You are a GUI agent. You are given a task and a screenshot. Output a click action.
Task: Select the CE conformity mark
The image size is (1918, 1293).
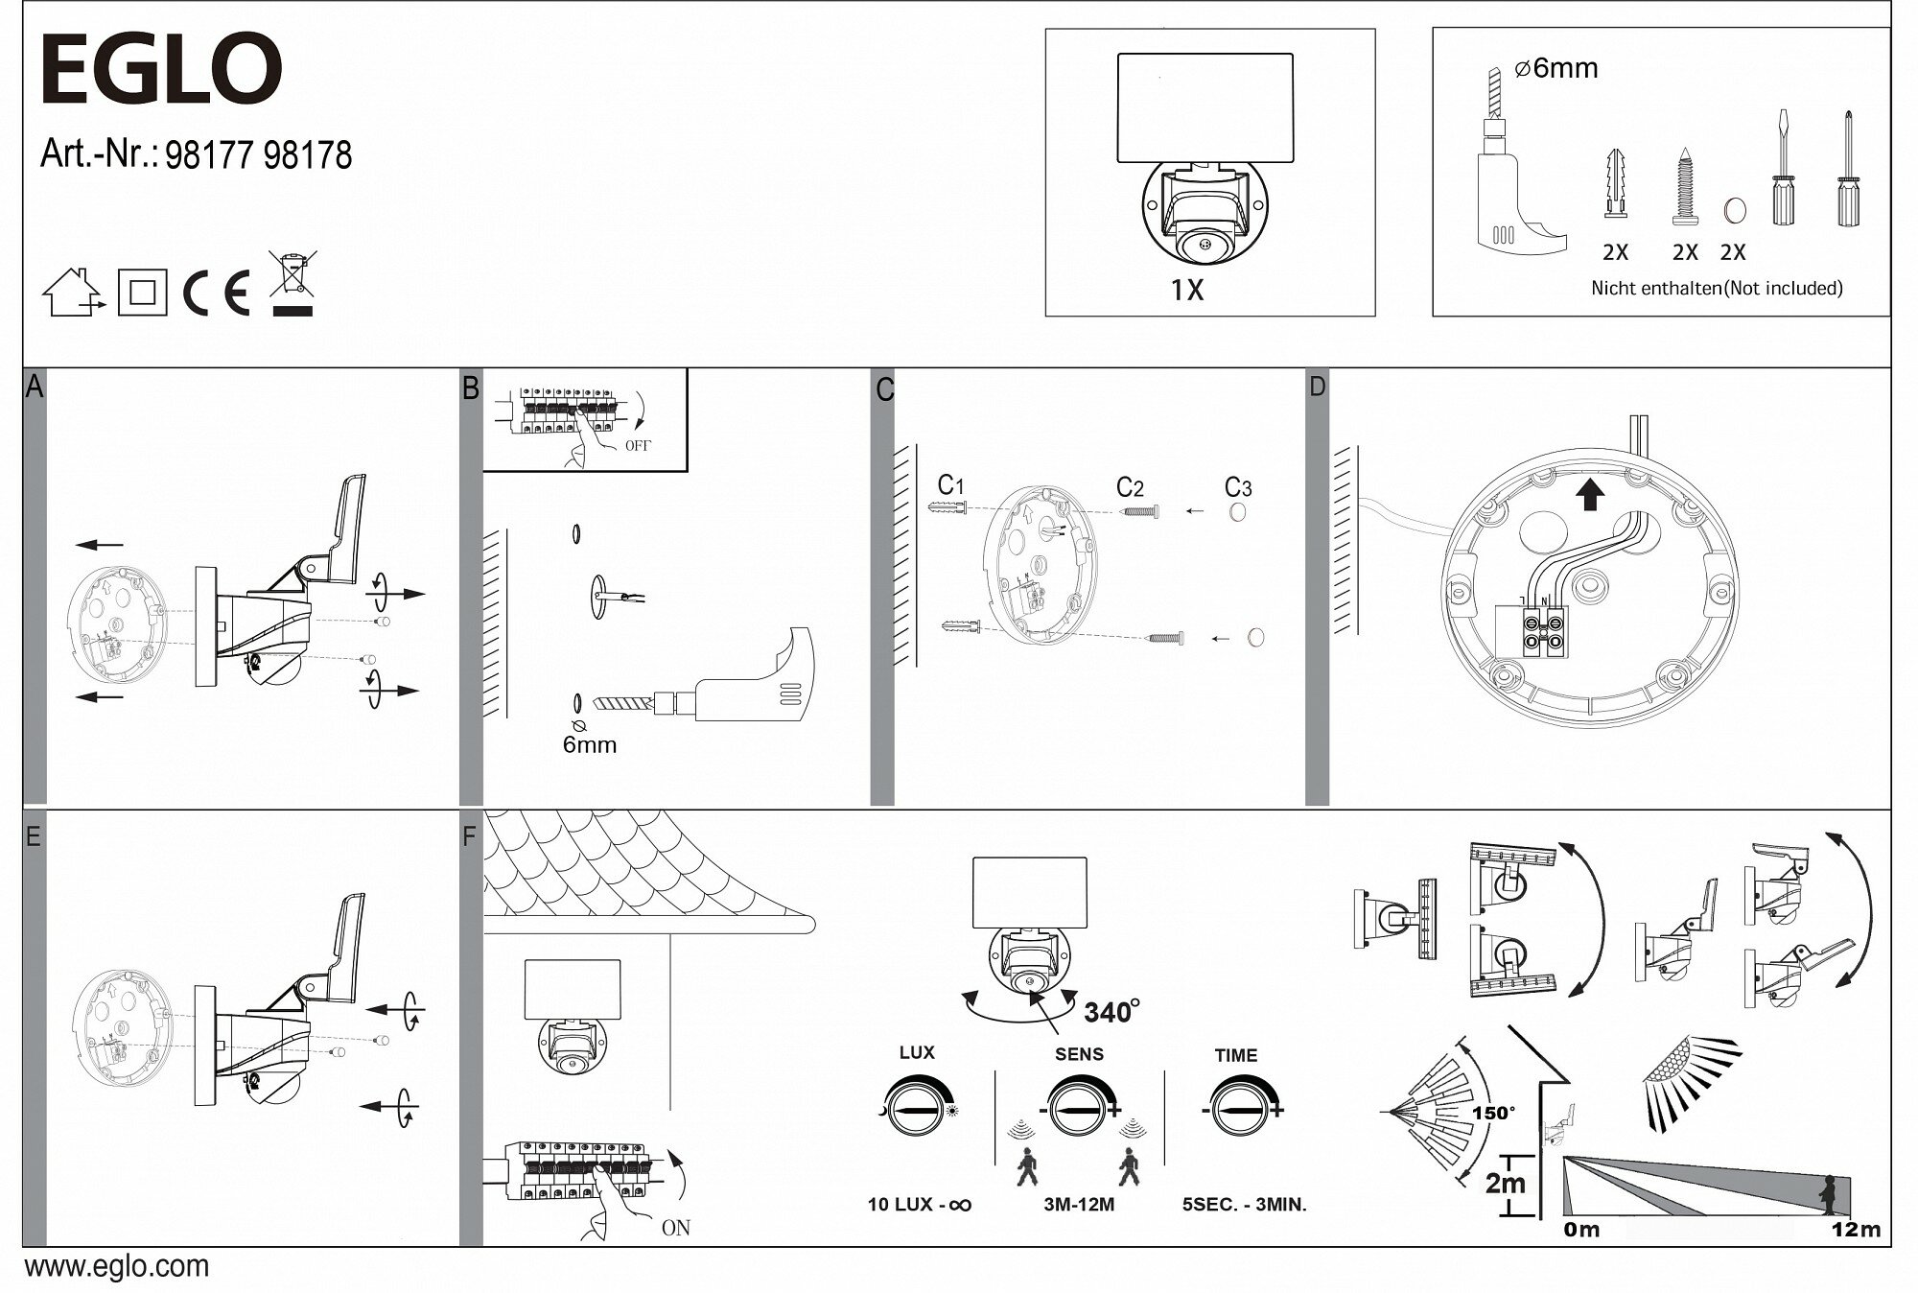(x=217, y=294)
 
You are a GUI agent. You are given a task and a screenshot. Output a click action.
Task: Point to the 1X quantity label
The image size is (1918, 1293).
(x=1186, y=290)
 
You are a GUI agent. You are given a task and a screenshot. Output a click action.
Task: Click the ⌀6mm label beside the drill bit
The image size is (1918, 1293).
(x=1555, y=69)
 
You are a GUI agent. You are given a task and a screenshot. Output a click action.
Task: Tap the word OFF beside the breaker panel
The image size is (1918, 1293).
(x=638, y=446)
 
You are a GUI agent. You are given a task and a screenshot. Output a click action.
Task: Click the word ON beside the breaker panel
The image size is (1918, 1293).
(x=675, y=1228)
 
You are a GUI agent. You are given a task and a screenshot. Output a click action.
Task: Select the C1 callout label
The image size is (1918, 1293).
(x=950, y=485)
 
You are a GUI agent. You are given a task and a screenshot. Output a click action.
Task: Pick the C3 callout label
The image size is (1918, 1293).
(x=1238, y=487)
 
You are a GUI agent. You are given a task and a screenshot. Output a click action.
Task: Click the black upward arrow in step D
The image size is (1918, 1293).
(x=1590, y=494)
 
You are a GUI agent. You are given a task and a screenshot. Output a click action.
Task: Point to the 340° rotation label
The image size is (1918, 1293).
(x=1111, y=1012)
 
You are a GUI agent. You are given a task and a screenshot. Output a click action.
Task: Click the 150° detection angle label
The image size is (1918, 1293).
(x=1493, y=1114)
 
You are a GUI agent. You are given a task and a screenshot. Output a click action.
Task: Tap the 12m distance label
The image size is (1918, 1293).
(x=1856, y=1230)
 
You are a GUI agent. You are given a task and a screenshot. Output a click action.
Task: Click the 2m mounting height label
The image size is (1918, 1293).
(x=1505, y=1183)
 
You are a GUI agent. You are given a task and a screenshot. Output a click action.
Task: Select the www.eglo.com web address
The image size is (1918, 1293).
(x=116, y=1266)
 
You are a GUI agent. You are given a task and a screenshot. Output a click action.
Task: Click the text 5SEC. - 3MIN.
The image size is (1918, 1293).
(x=1244, y=1205)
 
